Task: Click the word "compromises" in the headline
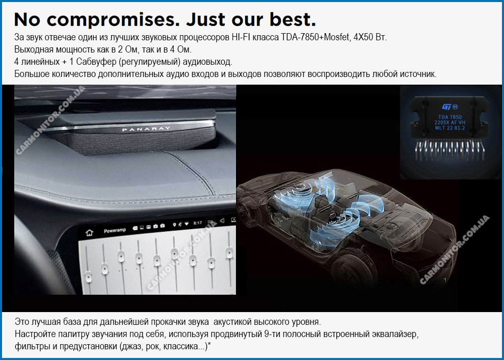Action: tap(114, 20)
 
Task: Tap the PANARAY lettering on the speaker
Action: tap(146, 129)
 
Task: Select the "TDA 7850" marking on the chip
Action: tap(450, 117)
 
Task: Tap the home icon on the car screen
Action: tap(89, 233)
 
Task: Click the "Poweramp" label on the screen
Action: tap(115, 230)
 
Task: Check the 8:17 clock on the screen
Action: tap(197, 223)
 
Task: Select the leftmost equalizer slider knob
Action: tap(88, 276)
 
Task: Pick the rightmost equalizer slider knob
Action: tap(229, 252)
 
